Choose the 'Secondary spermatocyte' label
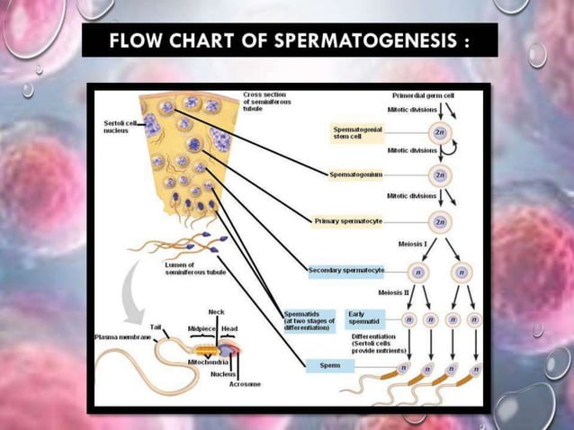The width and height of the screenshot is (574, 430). click(x=346, y=270)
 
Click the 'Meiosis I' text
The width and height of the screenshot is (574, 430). click(x=413, y=243)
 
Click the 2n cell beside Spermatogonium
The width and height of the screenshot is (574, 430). click(x=440, y=174)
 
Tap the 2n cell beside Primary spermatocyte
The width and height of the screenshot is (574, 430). click(x=440, y=220)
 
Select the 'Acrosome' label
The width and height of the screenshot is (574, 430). click(x=245, y=384)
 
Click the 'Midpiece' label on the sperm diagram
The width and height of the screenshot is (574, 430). click(x=202, y=329)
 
